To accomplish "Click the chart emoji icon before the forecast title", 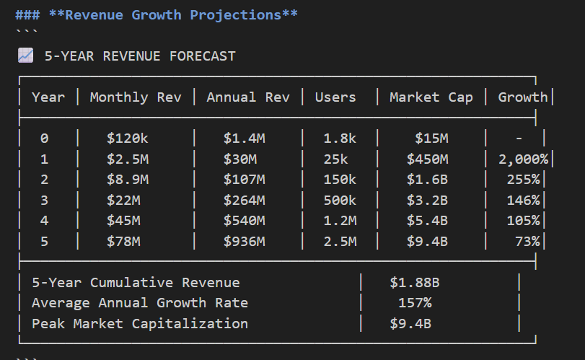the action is point(26,56).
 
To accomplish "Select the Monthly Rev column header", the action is point(136,97).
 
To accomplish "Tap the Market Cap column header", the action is point(431,97).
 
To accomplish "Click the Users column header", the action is point(335,97).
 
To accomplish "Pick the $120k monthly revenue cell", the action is point(128,139).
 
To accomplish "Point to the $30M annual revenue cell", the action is point(240,159).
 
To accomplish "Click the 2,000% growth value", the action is point(524,159).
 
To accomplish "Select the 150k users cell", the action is point(340,180).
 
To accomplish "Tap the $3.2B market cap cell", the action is point(427,201).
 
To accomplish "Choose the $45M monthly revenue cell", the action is point(124,221).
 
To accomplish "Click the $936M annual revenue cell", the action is point(245,242).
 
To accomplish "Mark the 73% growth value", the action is point(527,242).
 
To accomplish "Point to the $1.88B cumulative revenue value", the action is point(415,282).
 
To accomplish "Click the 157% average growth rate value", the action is point(415,302).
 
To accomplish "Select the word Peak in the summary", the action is point(48,323).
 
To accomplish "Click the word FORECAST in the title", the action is point(203,56).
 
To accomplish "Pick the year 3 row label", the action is point(45,201).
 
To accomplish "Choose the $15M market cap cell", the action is point(431,139).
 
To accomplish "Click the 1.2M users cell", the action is point(340,221).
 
